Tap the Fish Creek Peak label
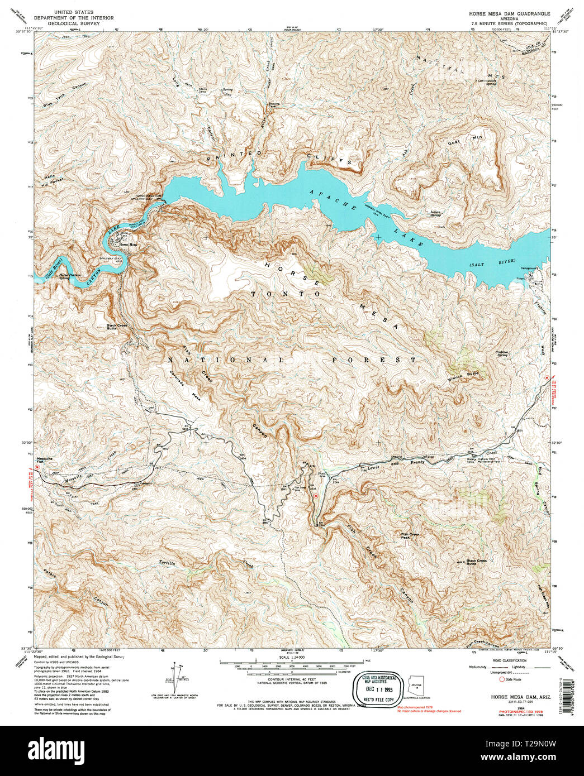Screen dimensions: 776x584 409,535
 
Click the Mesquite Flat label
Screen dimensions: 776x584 44,460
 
